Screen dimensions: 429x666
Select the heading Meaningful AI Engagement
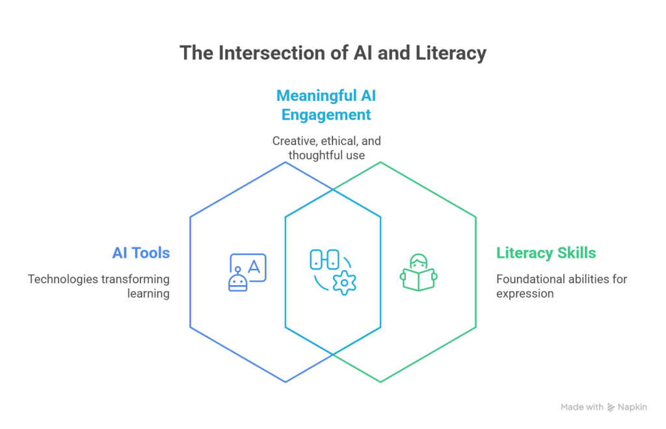tap(326, 105)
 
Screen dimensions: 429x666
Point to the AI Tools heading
tap(140, 253)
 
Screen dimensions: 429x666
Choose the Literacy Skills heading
tap(546, 253)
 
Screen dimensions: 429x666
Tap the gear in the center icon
tap(344, 283)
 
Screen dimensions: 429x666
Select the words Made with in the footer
tap(581, 408)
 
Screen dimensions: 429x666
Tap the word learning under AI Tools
tap(148, 294)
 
